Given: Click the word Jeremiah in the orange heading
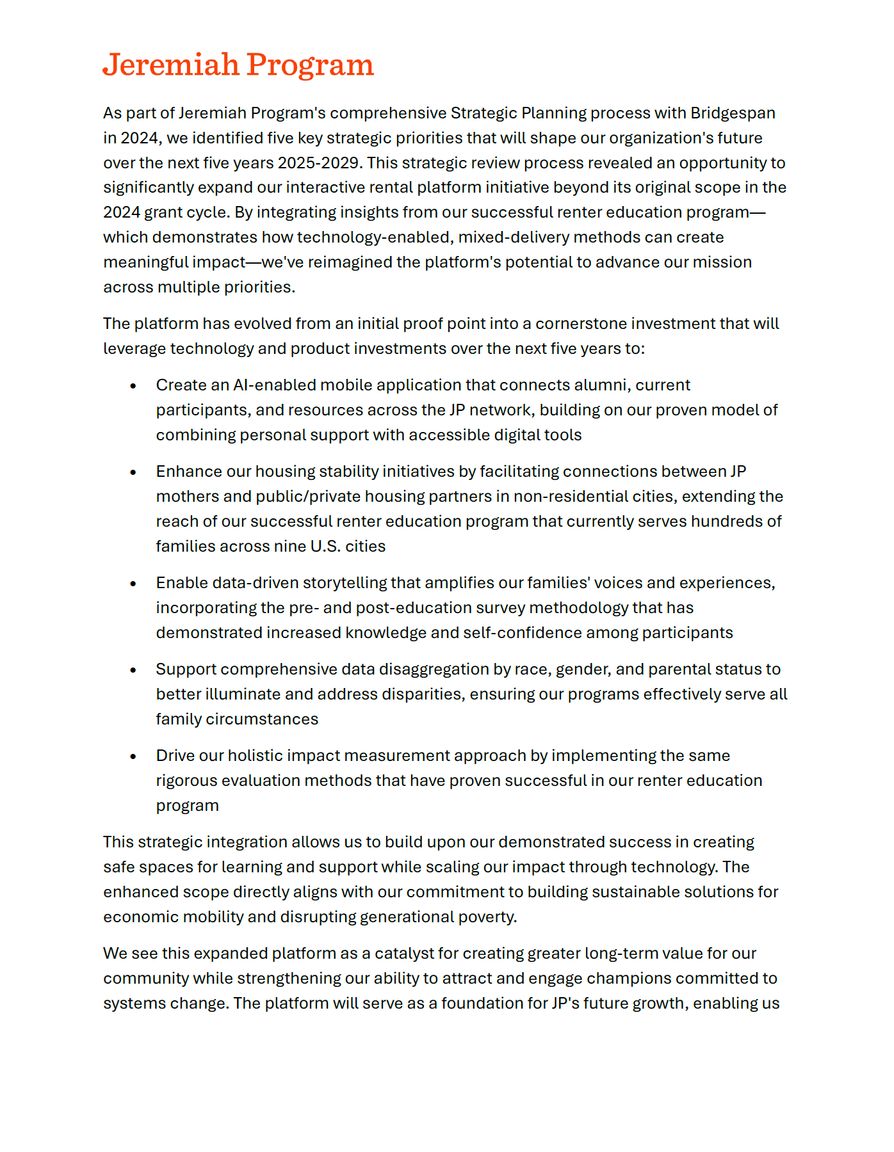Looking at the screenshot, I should [x=171, y=65].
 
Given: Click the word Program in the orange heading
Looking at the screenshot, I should [x=310, y=65].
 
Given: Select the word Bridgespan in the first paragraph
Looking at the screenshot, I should [x=733, y=113].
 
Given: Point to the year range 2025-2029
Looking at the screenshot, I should [x=318, y=163].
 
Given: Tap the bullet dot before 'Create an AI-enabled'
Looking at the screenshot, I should [x=133, y=386].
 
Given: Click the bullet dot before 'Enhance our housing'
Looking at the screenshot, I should [x=133, y=472].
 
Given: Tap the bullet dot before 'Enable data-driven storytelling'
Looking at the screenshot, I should [x=133, y=584].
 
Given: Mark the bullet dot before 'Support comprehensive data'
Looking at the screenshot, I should [x=133, y=670].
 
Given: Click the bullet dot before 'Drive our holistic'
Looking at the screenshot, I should [x=133, y=756].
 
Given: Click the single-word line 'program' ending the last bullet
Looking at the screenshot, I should [x=187, y=806].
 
